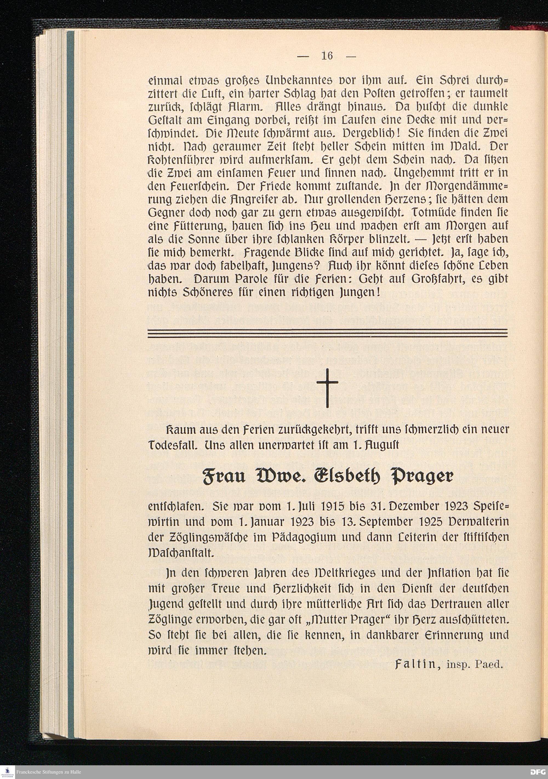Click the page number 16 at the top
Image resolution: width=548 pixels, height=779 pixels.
[327, 56]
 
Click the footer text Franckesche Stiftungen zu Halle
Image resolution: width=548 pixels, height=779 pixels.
[48, 772]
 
